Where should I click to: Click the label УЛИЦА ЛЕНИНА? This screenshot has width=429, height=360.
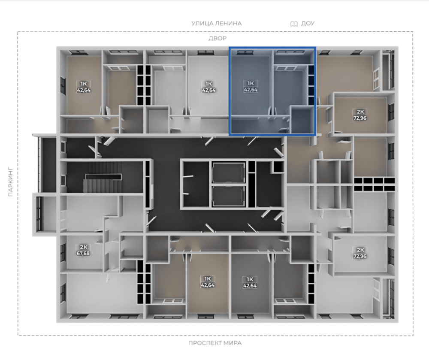(216, 24)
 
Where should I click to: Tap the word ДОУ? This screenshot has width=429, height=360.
(308, 24)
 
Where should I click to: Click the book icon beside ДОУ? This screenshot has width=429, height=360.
(294, 24)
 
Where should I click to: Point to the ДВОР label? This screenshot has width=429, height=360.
(218, 38)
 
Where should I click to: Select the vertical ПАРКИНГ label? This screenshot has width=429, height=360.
(10, 182)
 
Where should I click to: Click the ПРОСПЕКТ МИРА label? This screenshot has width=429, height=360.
(215, 343)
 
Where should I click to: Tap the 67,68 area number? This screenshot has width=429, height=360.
(83, 253)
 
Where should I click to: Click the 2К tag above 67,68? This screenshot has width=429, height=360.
(83, 247)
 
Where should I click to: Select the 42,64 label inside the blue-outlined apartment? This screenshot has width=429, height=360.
(251, 89)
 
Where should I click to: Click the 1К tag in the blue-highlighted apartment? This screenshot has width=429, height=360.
(251, 83)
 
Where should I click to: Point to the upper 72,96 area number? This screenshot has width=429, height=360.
(360, 118)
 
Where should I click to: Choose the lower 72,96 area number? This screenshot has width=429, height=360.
(360, 256)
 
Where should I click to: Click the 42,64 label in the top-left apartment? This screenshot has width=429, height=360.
(84, 90)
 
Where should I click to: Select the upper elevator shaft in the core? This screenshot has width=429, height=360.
(229, 172)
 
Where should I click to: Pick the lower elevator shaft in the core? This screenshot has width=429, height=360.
(229, 196)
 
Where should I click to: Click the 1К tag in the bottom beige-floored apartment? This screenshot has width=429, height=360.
(208, 279)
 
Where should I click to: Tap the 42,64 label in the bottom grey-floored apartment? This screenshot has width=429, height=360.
(250, 286)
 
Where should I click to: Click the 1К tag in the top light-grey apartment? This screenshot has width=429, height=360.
(209, 84)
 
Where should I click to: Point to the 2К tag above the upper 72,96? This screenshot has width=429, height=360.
(360, 112)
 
